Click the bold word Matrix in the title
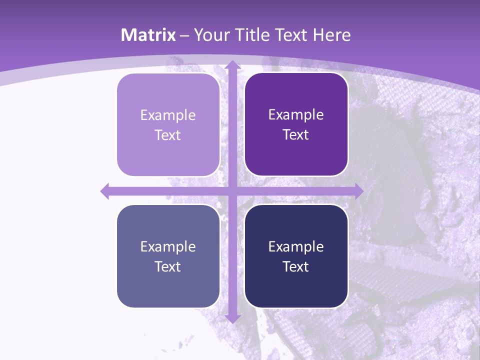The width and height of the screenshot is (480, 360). (148, 35)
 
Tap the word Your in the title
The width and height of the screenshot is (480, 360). (211, 35)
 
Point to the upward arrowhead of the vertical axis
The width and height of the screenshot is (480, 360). (232, 65)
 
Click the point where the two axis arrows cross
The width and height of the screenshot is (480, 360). (232, 190)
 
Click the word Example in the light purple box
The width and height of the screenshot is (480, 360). (168, 115)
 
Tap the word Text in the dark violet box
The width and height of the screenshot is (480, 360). (296, 135)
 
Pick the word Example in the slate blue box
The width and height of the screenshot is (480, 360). (168, 246)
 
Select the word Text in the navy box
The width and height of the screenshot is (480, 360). (296, 266)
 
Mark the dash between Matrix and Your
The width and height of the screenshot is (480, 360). (184, 35)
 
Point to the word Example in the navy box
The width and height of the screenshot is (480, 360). (296, 246)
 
